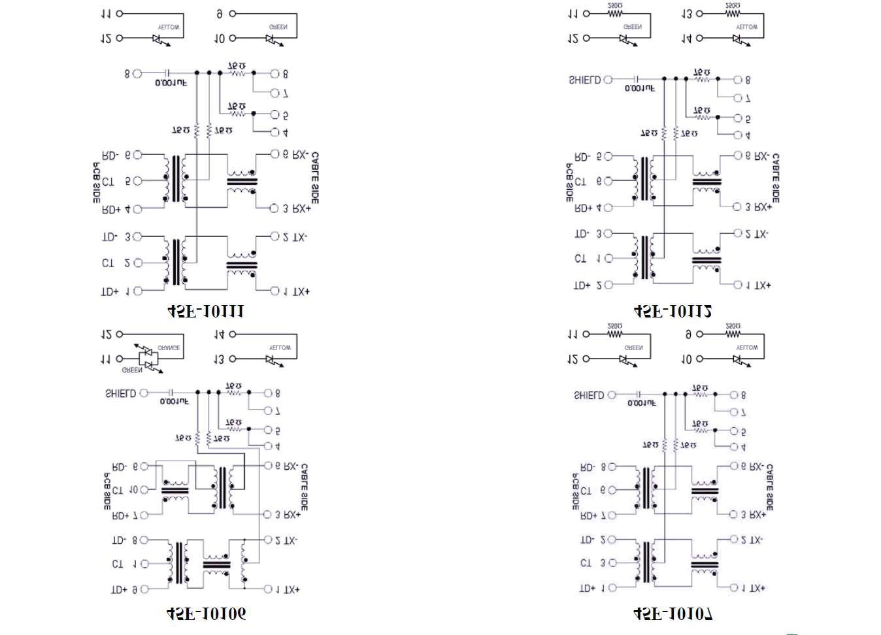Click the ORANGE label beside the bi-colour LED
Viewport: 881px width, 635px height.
click(x=169, y=348)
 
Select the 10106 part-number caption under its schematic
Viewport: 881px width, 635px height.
click(x=207, y=613)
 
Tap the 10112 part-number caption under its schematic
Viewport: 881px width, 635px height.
click(x=673, y=312)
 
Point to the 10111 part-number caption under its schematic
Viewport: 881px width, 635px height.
click(x=207, y=312)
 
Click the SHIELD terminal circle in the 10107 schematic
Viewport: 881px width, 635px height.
click(x=612, y=395)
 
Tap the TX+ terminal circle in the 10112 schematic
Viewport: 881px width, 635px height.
click(x=738, y=285)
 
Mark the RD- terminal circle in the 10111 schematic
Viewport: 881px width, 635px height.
click(x=137, y=155)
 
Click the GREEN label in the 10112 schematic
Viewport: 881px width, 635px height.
click(x=633, y=27)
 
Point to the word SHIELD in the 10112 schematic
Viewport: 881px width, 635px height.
click(x=584, y=80)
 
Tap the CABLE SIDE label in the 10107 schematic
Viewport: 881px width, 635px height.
click(x=769, y=487)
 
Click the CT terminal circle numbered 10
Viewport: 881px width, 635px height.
click(x=145, y=490)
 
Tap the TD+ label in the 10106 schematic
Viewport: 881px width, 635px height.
click(x=119, y=589)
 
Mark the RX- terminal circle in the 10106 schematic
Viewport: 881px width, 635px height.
click(x=267, y=466)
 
